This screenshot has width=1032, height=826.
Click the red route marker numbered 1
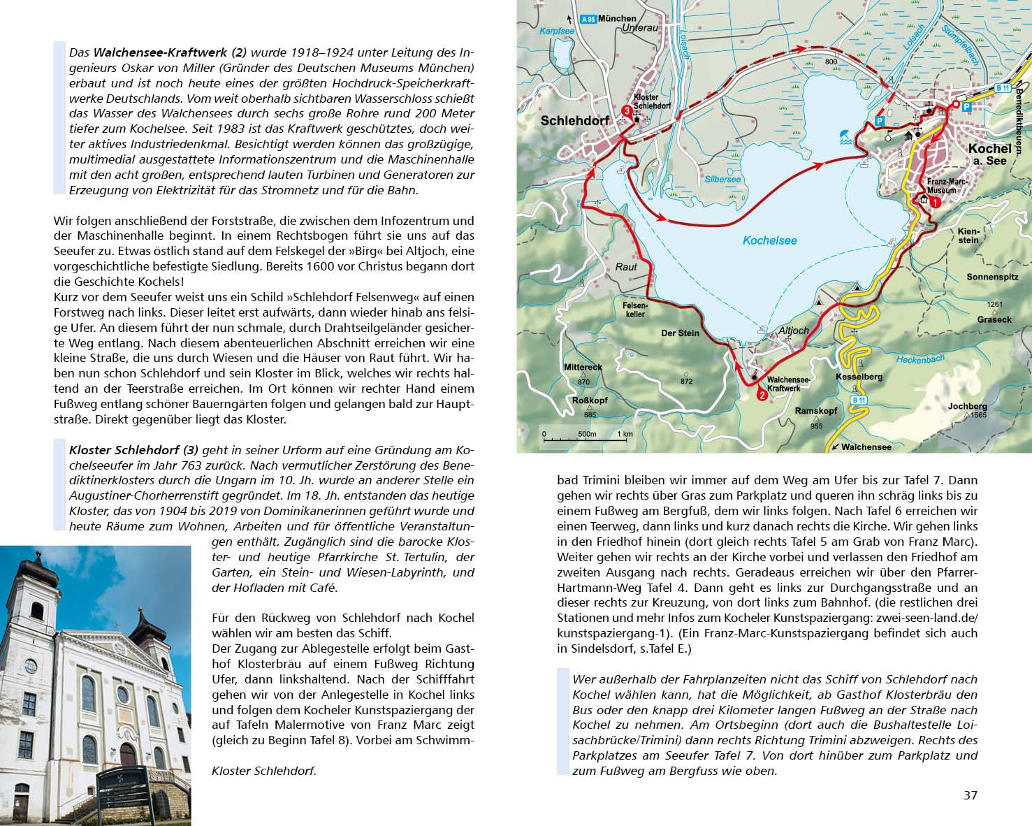coord(936,203)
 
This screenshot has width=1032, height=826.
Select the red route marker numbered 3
coord(627,110)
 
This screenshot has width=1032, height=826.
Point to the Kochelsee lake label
coord(769,240)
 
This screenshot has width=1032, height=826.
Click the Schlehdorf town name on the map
coord(575,121)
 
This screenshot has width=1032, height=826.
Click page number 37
coord(970,795)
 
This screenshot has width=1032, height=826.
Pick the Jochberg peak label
coord(968,406)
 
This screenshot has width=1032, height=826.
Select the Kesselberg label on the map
coord(859,377)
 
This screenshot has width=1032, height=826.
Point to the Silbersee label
coord(723,179)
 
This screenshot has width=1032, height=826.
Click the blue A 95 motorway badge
coord(589,19)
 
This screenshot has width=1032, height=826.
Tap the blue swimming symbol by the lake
coord(844,136)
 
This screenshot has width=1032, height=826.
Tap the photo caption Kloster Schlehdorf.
coord(263,771)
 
